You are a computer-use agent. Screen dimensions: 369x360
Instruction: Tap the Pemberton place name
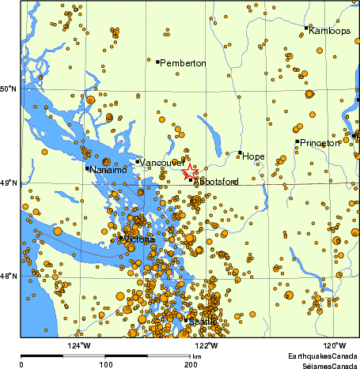pos(183,62)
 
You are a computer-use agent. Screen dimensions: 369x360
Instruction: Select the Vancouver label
pos(163,162)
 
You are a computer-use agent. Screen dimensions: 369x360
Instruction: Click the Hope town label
pos(254,156)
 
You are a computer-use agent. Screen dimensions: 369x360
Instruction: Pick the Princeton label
pos(320,143)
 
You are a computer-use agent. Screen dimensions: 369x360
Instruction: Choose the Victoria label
pos(140,240)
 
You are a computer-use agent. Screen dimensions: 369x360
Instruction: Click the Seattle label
pos(203,321)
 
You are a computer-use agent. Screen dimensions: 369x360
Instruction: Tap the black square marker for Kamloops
pos(306,28)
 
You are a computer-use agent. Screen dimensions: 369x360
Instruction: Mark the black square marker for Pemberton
pos(157,62)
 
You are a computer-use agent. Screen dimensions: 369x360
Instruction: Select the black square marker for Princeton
pos(297,141)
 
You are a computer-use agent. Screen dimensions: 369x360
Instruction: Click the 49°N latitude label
pos(8,183)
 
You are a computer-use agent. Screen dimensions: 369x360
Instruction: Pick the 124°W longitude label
pos(78,345)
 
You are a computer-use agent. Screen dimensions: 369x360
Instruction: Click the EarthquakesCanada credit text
pos(322,357)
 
